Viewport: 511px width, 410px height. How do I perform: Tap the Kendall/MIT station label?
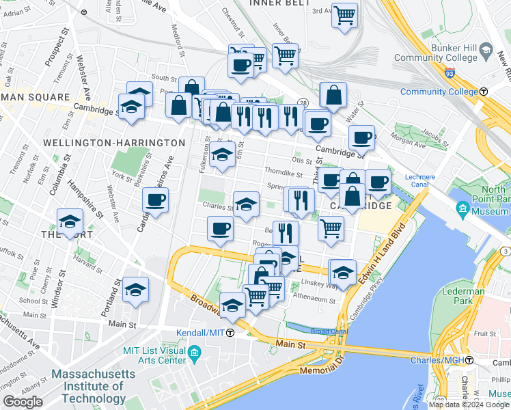pos(204,333)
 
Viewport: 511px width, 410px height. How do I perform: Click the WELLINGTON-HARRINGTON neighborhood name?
pos(113,143)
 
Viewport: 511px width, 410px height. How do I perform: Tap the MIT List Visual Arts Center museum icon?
pos(195,354)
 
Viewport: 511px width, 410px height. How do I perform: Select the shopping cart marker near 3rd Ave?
pos(345,14)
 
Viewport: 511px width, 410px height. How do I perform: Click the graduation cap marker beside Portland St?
pos(135,290)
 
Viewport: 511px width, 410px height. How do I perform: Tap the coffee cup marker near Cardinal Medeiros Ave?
pos(155,200)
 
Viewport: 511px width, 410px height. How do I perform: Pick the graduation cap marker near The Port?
pos(70,221)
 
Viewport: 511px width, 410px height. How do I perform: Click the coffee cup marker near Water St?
pos(361,138)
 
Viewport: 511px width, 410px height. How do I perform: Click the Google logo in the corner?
pos(23,402)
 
